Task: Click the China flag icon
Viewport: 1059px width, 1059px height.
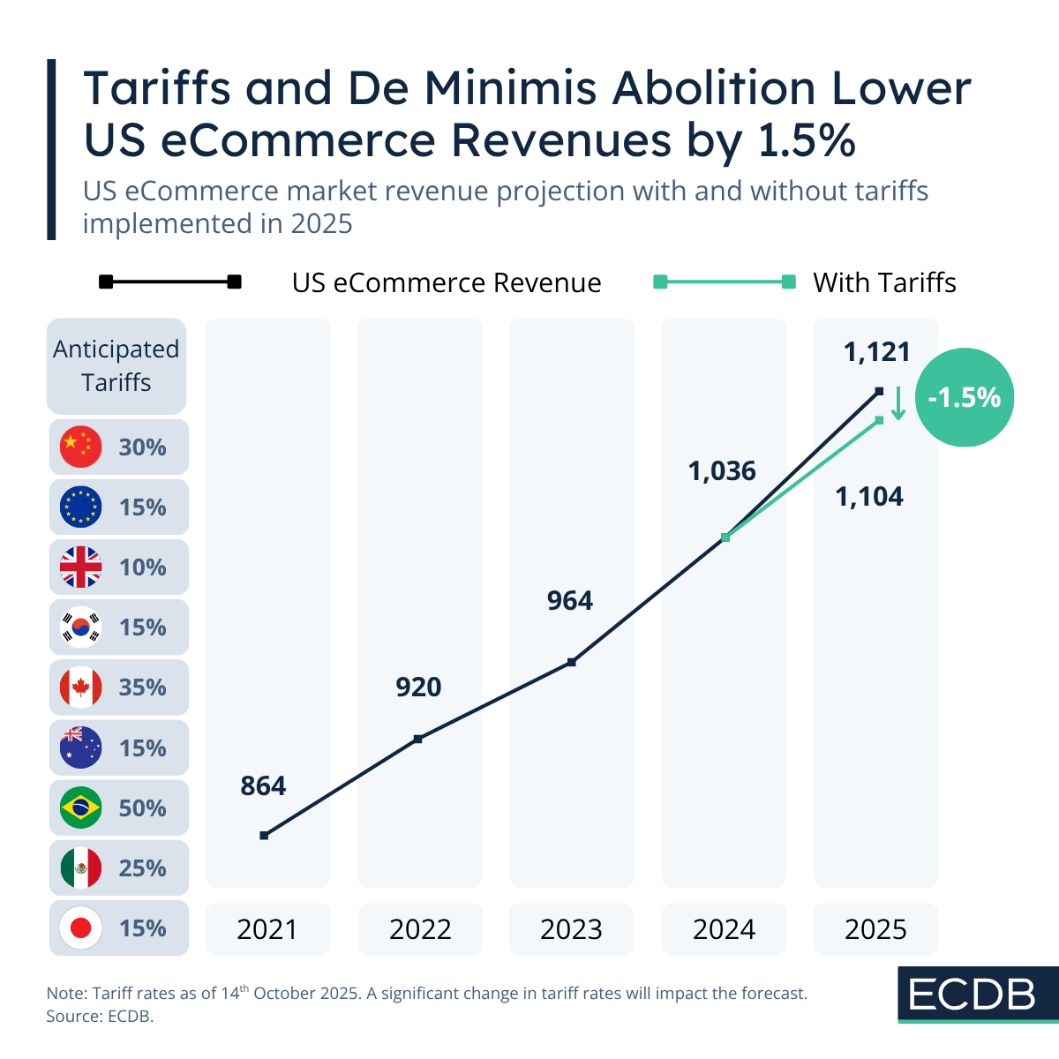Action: pos(81,447)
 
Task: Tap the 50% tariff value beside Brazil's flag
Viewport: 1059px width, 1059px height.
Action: pos(143,808)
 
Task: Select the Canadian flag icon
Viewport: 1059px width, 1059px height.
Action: pos(81,687)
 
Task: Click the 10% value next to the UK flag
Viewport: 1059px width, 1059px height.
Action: pos(143,567)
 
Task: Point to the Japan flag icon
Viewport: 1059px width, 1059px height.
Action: pos(81,928)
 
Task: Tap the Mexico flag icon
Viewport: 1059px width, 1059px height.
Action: pos(81,868)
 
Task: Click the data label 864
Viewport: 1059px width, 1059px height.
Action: pos(263,785)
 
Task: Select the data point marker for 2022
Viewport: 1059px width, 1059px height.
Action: pos(418,739)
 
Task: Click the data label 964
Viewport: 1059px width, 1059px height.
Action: pos(570,601)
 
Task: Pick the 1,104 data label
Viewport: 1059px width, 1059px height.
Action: pos(869,497)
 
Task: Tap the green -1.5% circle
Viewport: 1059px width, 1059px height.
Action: pos(965,397)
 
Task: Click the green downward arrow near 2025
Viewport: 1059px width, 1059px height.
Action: pos(898,404)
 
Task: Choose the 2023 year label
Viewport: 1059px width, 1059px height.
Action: pos(572,929)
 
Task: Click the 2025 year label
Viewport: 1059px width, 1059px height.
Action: pos(875,929)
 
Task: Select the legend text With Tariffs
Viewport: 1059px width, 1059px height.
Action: pos(884,282)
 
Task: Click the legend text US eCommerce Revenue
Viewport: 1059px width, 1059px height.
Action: pos(447,282)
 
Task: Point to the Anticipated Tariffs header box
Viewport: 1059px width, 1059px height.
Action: pos(116,366)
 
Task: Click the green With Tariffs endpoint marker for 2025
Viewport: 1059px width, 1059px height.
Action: pos(879,420)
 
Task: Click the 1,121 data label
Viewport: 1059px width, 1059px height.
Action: pos(876,352)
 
